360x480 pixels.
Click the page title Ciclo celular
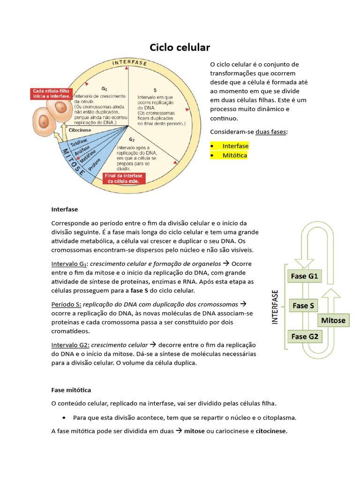click(180, 48)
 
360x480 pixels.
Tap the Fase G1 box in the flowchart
click(304, 276)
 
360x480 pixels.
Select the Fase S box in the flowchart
click(303, 306)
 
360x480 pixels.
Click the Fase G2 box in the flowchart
click(304, 336)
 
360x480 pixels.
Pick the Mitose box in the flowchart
click(333, 321)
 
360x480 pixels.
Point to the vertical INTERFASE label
click(275, 307)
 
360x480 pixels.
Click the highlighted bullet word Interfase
click(235, 146)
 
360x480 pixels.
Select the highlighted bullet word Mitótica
click(234, 156)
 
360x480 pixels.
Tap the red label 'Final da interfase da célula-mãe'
click(123, 178)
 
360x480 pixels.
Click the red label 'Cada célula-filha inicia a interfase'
click(52, 94)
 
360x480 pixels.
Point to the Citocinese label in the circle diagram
click(80, 130)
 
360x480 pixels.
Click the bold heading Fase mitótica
click(71, 390)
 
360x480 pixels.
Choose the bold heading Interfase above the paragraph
click(65, 209)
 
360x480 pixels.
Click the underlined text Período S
click(66, 304)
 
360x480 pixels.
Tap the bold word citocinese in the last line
click(270, 431)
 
